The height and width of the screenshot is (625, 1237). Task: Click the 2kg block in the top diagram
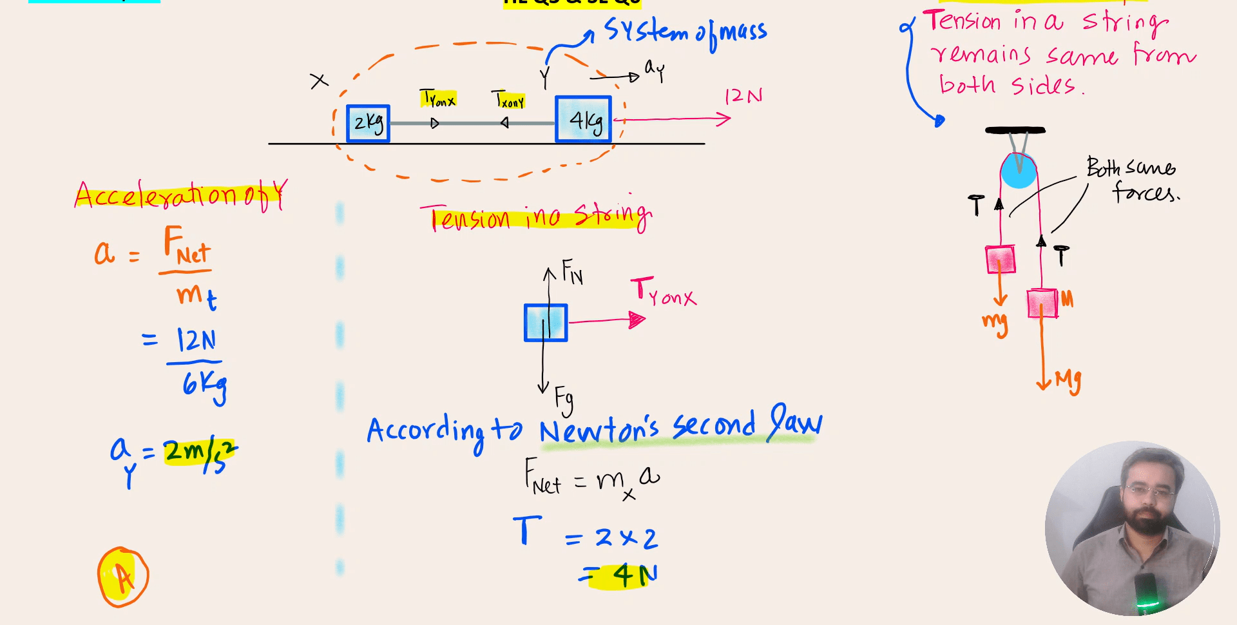pyautogui.click(x=368, y=123)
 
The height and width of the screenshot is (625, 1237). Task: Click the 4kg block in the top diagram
pyautogui.click(x=583, y=119)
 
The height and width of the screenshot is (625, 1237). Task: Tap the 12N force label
pyautogui.click(x=743, y=97)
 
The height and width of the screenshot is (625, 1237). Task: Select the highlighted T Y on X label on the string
pyautogui.click(x=438, y=99)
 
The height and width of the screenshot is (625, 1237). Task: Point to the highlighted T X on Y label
pyautogui.click(x=508, y=100)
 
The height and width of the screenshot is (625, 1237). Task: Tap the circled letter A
pyautogui.click(x=123, y=577)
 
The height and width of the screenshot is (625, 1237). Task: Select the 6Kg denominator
pyautogui.click(x=204, y=385)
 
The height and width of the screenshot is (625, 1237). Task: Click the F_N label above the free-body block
pyautogui.click(x=571, y=272)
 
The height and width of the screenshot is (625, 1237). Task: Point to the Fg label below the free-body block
pyautogui.click(x=564, y=399)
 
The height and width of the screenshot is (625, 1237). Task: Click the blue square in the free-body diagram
pyautogui.click(x=546, y=323)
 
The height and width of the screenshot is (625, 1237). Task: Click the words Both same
pyautogui.click(x=1131, y=168)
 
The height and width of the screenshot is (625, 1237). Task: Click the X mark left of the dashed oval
pyautogui.click(x=319, y=81)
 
